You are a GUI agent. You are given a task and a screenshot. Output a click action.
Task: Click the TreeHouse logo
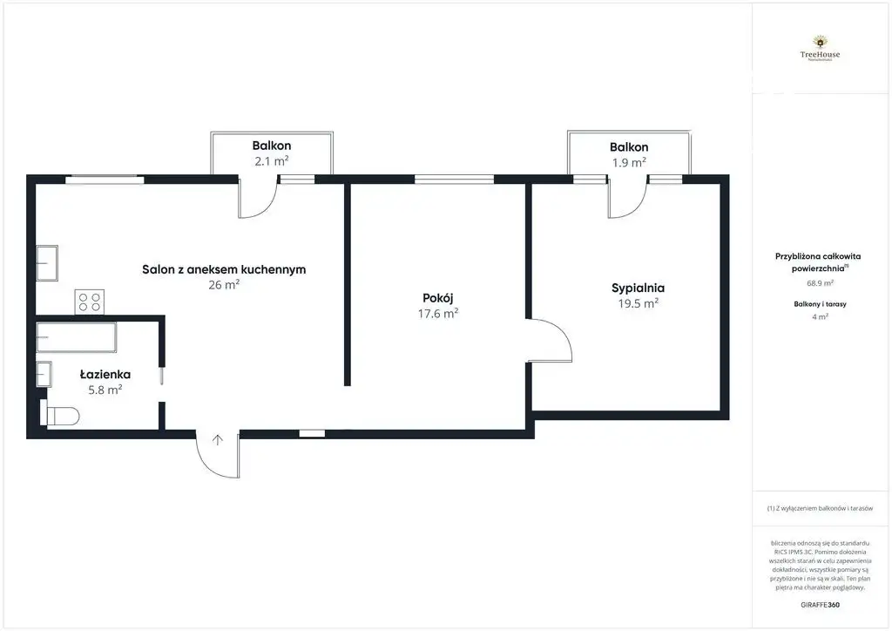click(x=819, y=48)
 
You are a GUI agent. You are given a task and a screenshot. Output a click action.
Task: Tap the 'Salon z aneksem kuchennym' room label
click(x=224, y=269)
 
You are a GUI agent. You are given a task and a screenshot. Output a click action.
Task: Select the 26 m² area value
click(x=224, y=284)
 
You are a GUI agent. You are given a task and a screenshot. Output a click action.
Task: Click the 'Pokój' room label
click(x=438, y=297)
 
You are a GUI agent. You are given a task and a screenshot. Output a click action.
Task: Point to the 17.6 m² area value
click(x=438, y=314)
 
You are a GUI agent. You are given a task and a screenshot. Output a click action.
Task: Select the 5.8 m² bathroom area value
click(x=105, y=390)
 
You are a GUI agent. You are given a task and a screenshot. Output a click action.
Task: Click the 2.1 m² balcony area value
click(x=272, y=161)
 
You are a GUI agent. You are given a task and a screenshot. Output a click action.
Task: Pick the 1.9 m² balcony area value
click(x=628, y=162)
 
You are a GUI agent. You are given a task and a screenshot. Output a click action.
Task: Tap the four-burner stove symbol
click(x=89, y=302)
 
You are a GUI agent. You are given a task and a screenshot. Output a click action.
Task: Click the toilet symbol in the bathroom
click(x=61, y=417)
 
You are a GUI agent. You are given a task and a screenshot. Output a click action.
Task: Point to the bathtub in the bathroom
click(x=77, y=336)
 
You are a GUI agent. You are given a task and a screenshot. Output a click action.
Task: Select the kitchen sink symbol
click(x=47, y=262)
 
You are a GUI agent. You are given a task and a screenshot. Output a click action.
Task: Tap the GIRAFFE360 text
click(x=819, y=604)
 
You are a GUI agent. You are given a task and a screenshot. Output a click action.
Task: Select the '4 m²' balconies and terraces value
click(x=819, y=317)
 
